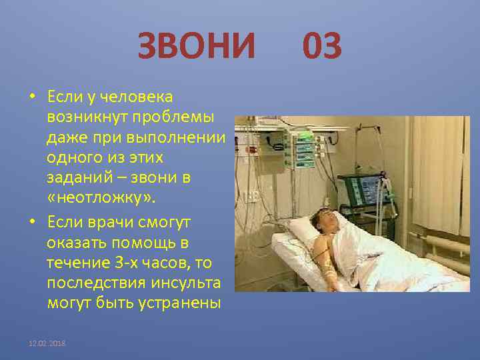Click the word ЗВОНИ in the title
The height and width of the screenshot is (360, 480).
click(197, 47)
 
